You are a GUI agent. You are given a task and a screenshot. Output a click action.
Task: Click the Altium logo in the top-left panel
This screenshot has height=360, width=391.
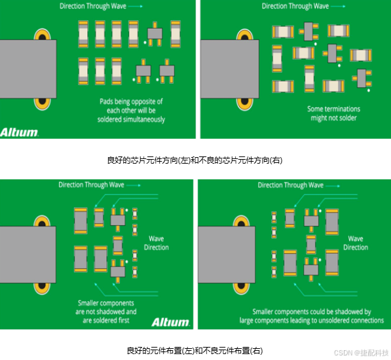point(19,132)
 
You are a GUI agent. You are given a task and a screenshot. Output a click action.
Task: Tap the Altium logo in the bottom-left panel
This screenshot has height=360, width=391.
point(170,322)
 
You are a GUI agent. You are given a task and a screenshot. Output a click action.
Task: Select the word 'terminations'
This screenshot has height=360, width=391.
point(343,109)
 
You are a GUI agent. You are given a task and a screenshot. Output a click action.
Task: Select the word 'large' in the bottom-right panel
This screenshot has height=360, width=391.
point(246,320)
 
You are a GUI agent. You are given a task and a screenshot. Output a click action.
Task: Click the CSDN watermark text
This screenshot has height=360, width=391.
point(361,353)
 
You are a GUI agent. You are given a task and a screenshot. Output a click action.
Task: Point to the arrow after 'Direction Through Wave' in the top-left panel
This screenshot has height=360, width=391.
point(136,7)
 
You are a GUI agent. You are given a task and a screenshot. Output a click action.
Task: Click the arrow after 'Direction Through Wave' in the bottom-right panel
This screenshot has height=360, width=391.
point(333,186)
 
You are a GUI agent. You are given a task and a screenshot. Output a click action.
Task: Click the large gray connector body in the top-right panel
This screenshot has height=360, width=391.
point(230,69)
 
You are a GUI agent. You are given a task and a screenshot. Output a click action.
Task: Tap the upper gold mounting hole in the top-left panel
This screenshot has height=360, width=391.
point(42,35)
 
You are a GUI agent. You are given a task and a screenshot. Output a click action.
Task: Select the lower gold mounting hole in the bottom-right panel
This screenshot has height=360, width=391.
point(241,288)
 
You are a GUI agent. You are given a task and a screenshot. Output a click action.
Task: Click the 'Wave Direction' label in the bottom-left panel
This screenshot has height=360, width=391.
point(157,243)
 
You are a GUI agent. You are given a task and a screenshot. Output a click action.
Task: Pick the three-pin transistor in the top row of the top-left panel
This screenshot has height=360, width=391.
point(155,34)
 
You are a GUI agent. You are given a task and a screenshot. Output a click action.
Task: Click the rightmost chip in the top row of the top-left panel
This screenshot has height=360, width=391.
point(176,34)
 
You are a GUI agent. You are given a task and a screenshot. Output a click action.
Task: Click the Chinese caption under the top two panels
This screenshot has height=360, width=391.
point(195,160)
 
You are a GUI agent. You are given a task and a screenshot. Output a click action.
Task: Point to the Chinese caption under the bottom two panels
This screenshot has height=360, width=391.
point(195,351)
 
